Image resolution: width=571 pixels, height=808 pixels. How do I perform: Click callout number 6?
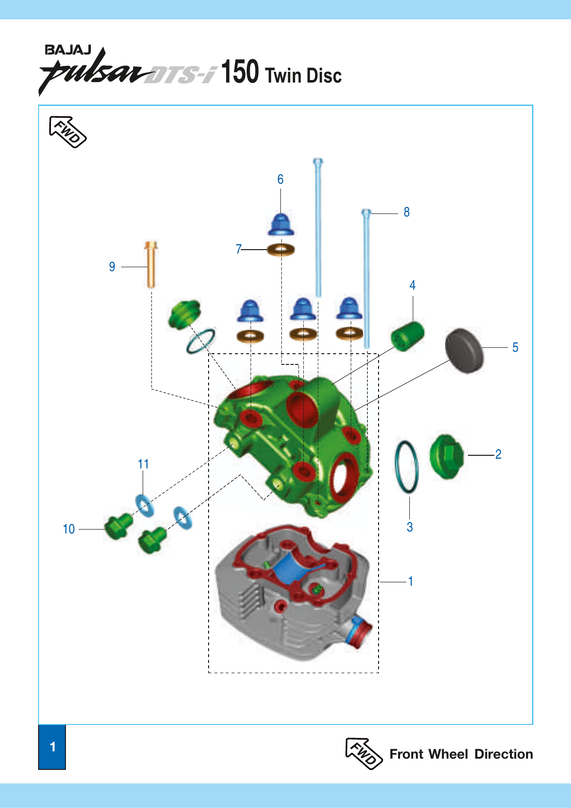(x=280, y=179)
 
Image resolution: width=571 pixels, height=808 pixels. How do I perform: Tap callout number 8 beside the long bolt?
(x=406, y=212)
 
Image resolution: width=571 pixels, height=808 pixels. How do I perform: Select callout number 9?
(x=112, y=267)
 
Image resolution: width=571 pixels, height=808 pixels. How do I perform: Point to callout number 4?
(x=412, y=285)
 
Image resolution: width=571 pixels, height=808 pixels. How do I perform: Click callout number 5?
(x=515, y=347)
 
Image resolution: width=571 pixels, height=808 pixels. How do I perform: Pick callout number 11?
(x=143, y=464)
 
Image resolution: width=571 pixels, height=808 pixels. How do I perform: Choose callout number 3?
(x=410, y=527)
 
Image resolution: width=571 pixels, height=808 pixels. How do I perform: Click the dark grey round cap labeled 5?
(x=464, y=351)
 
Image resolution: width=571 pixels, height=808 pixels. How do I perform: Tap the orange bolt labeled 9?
(x=151, y=264)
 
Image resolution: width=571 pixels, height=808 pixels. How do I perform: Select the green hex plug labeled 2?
(x=446, y=456)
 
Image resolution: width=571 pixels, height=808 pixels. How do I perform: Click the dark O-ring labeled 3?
(x=406, y=467)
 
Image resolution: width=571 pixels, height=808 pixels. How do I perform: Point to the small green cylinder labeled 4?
(x=407, y=336)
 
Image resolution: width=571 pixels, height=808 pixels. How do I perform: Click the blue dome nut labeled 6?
(x=281, y=224)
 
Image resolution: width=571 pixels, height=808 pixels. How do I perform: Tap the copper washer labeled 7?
(x=281, y=250)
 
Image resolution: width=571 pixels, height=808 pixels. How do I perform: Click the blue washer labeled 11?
(x=145, y=505)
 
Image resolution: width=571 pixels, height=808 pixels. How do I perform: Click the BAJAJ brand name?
(x=68, y=50)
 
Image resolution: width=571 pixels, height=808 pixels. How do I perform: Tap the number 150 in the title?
(x=240, y=72)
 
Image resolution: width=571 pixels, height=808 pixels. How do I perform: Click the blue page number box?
(x=52, y=747)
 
